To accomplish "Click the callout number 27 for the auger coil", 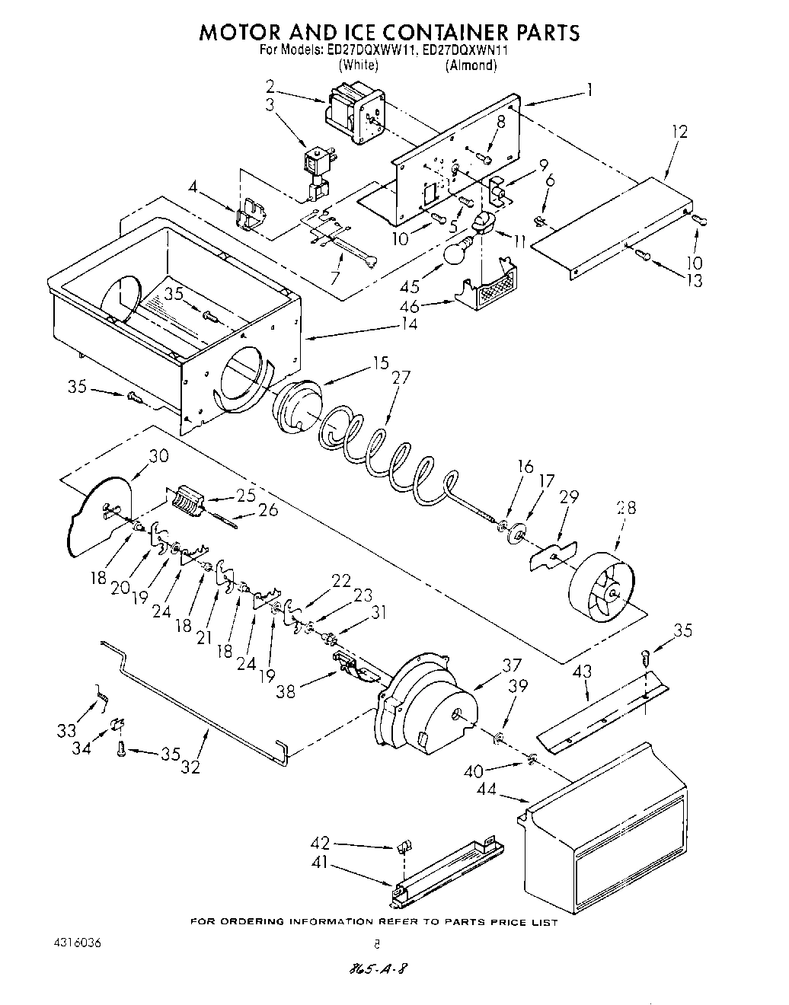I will [x=401, y=377].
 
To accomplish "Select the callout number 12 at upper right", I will [x=679, y=132].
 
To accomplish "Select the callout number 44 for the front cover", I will [x=487, y=790].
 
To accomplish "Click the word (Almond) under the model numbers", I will [x=471, y=65].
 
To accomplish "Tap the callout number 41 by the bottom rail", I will [x=321, y=863].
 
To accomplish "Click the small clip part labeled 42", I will [x=404, y=845].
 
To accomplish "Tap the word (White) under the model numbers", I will [x=358, y=65].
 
